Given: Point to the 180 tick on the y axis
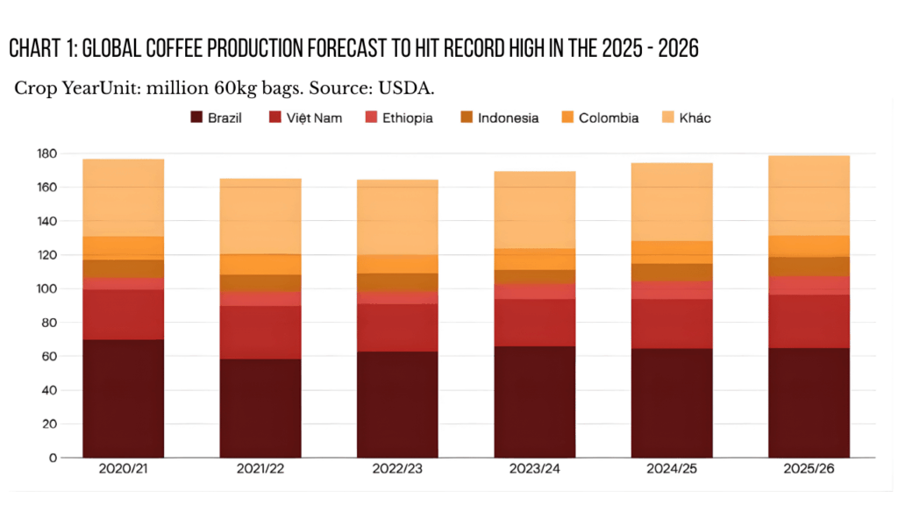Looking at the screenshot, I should tap(46, 153).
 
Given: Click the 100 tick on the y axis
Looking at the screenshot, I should tap(46, 288).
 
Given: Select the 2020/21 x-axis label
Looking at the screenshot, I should tap(123, 470).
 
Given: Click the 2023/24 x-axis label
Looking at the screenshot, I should tap(535, 470).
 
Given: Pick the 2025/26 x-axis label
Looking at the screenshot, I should tap(809, 470).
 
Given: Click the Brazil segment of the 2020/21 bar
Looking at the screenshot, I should tap(123, 399).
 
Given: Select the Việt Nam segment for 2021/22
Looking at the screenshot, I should tap(260, 332).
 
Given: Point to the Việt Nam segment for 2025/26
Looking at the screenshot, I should tap(809, 321).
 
